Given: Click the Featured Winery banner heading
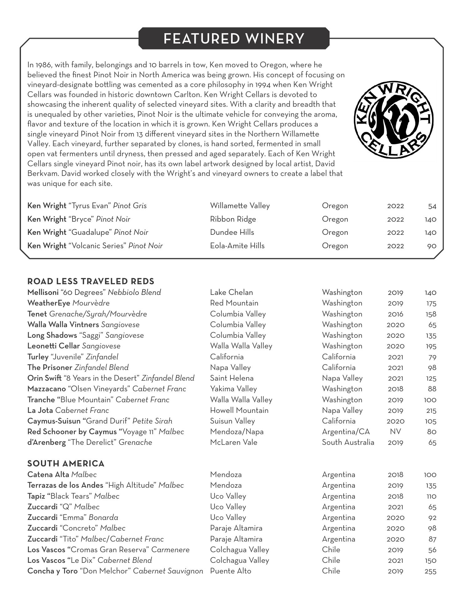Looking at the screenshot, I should click(x=234, y=39).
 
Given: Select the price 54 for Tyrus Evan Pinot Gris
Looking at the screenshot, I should click(x=432, y=206).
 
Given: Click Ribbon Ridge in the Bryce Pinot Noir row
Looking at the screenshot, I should click(x=233, y=219).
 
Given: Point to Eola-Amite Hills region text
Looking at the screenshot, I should click(x=237, y=246).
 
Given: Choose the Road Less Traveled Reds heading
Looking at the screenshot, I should click(x=91, y=281).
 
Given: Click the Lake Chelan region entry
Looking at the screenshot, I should click(x=231, y=292).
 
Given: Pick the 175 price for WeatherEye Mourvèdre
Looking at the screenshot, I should click(x=431, y=303).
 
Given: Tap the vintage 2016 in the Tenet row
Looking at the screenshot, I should click(x=395, y=314).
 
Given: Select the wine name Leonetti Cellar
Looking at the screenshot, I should click(x=53, y=346).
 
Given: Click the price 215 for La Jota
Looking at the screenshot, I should click(x=431, y=410).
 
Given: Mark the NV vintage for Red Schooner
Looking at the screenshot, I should click(x=395, y=432).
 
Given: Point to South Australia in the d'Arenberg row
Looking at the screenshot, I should click(x=348, y=442).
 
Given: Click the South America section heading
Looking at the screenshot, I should click(x=66, y=463).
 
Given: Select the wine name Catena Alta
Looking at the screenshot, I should click(x=48, y=475).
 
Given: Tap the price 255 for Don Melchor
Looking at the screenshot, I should click(x=430, y=571).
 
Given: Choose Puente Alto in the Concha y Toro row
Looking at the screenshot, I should click(x=230, y=571).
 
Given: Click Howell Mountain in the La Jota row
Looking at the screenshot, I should click(x=239, y=410).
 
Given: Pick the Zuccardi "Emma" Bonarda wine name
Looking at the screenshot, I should click(x=73, y=517).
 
